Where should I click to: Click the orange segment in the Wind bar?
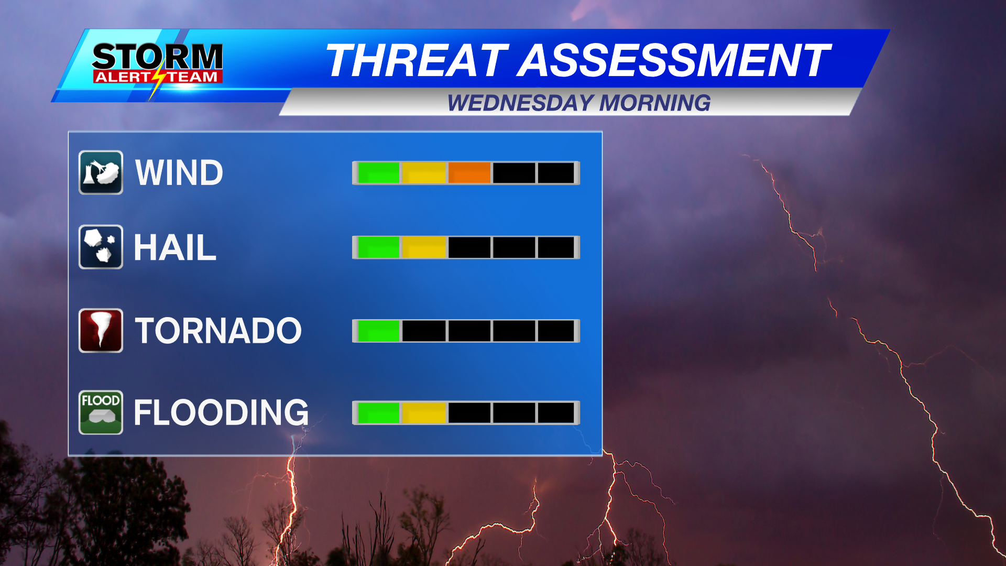(469, 173)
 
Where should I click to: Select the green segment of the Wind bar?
(378, 173)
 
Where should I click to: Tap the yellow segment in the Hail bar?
(424, 247)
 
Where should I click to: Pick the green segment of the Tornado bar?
(378, 331)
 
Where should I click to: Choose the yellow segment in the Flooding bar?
(424, 413)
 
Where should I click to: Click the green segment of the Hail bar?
(378, 247)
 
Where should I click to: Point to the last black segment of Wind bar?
(556, 173)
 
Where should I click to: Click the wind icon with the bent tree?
(101, 172)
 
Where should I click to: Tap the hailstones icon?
(101, 247)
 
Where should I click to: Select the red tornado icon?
(101, 330)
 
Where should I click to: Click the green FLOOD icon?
(101, 412)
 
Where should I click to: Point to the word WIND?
(179, 173)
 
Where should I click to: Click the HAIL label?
(175, 247)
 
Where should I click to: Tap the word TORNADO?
(218, 331)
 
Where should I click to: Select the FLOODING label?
(221, 413)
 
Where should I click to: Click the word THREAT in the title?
(417, 60)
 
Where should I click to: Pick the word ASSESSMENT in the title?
(674, 60)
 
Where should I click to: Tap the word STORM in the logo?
(157, 57)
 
